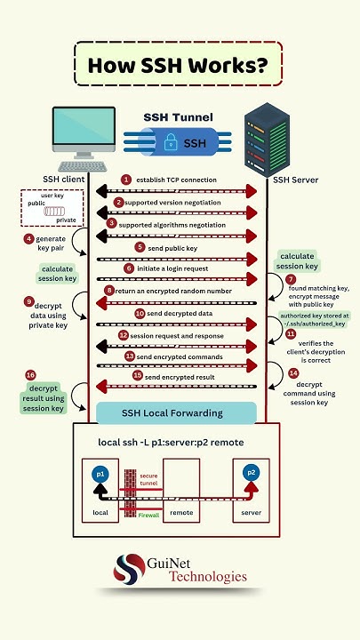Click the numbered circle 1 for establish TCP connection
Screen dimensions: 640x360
126,180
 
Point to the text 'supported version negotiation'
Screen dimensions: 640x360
176,203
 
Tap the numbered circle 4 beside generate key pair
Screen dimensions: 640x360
29,239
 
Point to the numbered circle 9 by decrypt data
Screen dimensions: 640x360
29,301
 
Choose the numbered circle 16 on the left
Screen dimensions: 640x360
31,375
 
